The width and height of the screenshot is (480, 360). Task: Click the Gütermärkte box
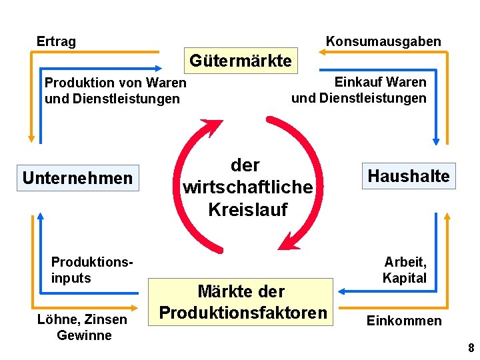[x=241, y=61]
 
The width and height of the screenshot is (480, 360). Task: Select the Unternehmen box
[x=77, y=178]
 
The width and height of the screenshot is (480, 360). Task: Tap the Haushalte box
[x=409, y=176]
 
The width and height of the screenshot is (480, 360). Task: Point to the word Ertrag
[x=56, y=41]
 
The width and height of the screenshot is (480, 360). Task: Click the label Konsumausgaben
[x=383, y=41]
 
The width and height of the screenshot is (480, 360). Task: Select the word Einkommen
[x=404, y=321]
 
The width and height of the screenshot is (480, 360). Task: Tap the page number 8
[x=471, y=348]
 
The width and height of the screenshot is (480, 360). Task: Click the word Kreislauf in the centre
[x=247, y=209]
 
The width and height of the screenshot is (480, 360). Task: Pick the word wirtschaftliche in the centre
[x=247, y=187]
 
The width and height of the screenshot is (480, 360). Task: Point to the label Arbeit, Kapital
[x=405, y=269]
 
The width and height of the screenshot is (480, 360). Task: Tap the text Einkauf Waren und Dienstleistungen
[x=359, y=90]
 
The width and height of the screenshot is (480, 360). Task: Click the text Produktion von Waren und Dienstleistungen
[x=115, y=91]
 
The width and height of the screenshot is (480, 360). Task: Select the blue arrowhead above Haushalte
[x=436, y=141]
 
